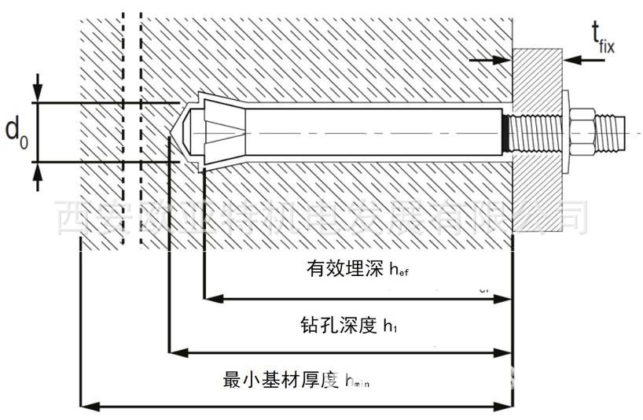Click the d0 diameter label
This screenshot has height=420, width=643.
(17, 131)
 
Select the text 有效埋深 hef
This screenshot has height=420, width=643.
(358, 270)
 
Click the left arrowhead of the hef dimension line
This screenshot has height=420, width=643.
(209, 299)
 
